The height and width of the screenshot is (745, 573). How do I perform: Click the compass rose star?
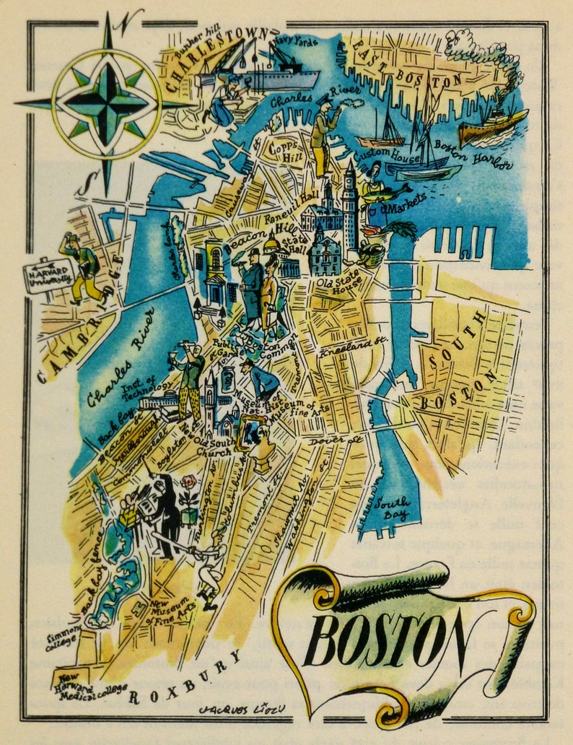coord(107,103)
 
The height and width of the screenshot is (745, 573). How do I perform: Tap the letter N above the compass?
coord(126,20)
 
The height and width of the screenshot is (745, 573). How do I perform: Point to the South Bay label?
coord(394,507)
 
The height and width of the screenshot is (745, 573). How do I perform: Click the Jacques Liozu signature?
coord(237,709)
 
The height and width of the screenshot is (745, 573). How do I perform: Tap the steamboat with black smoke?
coord(493,126)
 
